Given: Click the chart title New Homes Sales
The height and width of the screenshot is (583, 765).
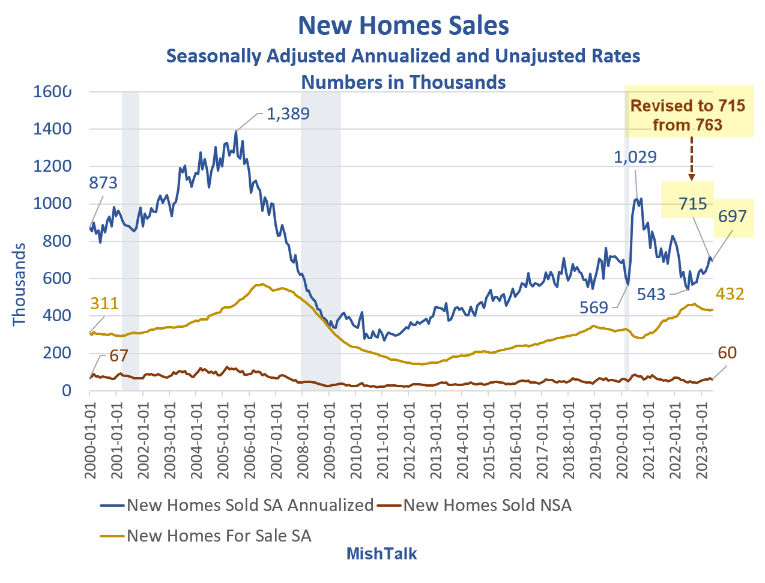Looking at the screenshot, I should pyautogui.click(x=404, y=26).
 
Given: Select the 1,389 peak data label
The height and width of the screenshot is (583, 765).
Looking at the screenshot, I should pyautogui.click(x=288, y=113).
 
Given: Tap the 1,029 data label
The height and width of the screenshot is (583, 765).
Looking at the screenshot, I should pyautogui.click(x=635, y=157).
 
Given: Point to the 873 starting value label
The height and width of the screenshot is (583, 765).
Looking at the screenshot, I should pyautogui.click(x=103, y=183).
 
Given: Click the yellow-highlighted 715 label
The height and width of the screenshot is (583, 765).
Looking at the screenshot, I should pyautogui.click(x=693, y=204).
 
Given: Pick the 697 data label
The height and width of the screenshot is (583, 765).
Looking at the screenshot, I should pyautogui.click(x=732, y=216).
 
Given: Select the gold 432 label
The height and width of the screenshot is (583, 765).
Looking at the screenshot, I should pyautogui.click(x=730, y=294).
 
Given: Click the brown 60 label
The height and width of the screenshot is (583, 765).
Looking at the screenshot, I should pyautogui.click(x=727, y=352).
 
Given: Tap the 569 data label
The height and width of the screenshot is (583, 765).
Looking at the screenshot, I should pyautogui.click(x=594, y=307).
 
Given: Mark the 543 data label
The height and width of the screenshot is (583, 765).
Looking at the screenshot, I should pyautogui.click(x=652, y=294).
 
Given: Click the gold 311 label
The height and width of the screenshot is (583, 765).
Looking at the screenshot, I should pyautogui.click(x=104, y=303).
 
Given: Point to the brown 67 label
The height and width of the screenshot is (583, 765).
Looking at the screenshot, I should pyautogui.click(x=119, y=355).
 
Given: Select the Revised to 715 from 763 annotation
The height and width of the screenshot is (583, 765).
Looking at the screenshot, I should pyautogui.click(x=688, y=115).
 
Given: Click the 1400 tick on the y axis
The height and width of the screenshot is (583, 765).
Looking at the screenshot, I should pyautogui.click(x=52, y=129).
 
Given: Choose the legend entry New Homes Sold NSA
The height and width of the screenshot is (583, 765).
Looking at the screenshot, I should pyautogui.click(x=487, y=506).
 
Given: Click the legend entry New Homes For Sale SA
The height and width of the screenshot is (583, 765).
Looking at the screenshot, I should pyautogui.click(x=219, y=536).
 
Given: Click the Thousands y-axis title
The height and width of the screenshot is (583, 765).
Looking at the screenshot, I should pyautogui.click(x=20, y=284).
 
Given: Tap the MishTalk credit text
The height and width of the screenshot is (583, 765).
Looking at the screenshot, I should pyautogui.click(x=381, y=554).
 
